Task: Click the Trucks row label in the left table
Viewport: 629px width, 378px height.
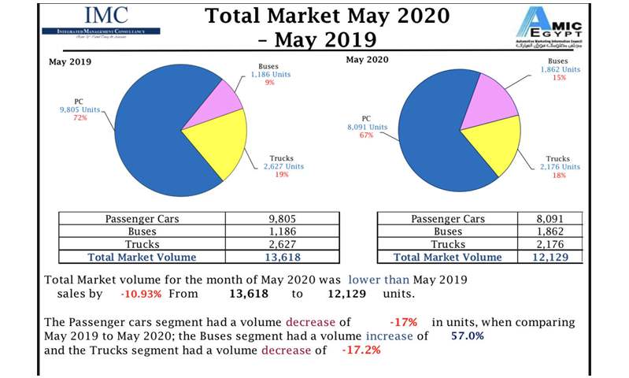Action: click(x=142, y=244)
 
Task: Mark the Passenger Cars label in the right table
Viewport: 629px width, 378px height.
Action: click(x=448, y=218)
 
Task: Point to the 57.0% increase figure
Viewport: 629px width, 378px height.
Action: click(x=468, y=336)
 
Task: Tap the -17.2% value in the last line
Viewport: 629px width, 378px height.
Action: click(x=361, y=350)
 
